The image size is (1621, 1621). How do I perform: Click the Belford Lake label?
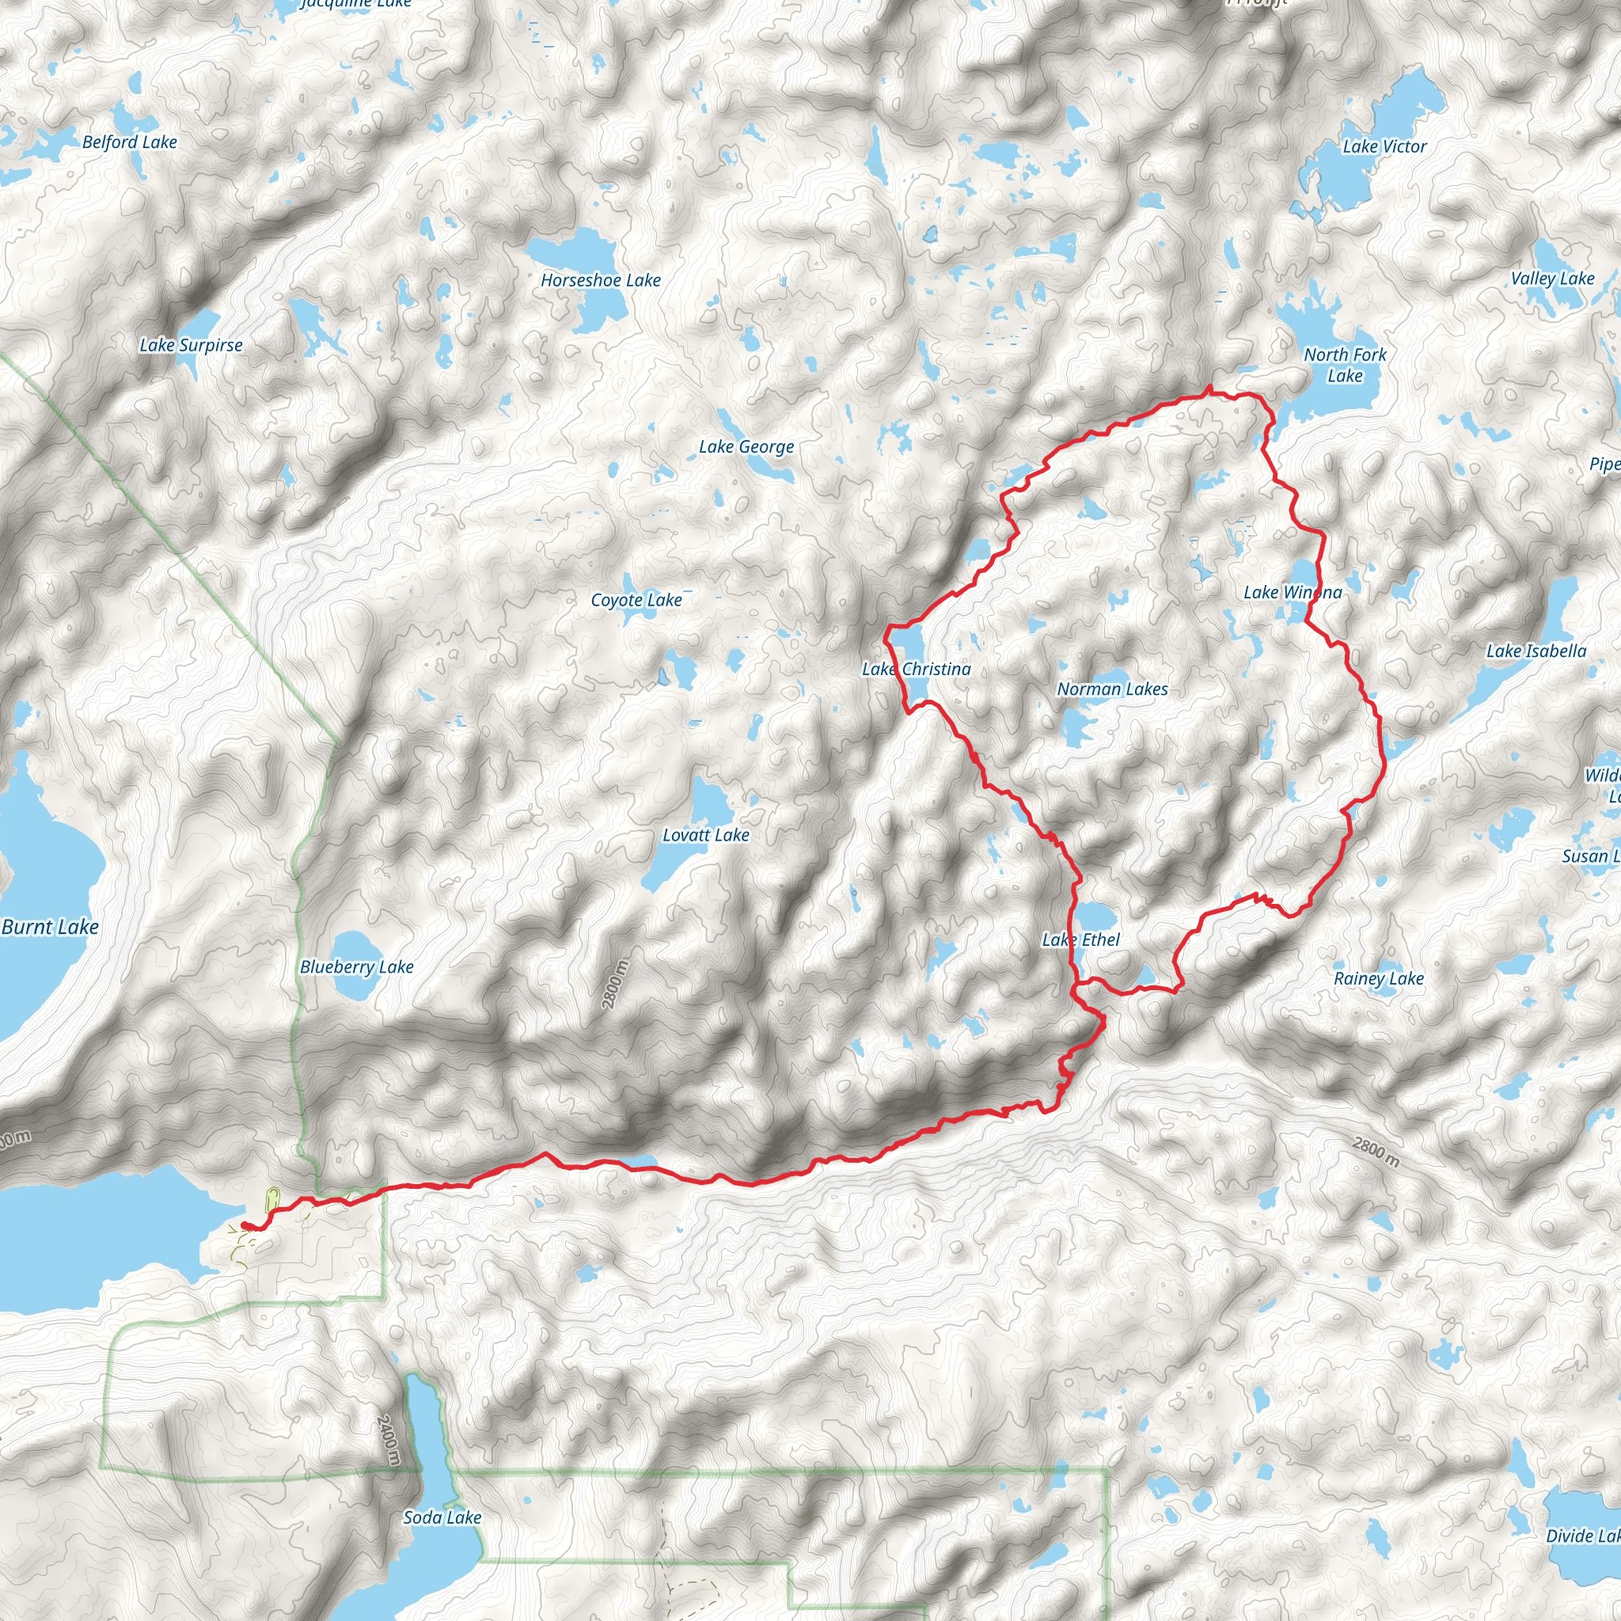130,142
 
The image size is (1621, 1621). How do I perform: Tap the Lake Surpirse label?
191,345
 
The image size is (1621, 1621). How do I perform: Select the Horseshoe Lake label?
600,280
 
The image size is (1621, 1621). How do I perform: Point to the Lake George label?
746,447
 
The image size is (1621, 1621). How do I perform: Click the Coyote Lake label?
636,600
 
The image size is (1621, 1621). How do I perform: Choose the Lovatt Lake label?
705,835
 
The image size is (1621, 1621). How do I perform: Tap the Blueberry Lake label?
357,966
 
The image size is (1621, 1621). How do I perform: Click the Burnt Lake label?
51,927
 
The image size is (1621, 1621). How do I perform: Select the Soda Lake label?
442,1517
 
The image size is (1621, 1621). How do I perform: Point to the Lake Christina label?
917,669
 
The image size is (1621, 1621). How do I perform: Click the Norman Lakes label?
1112,689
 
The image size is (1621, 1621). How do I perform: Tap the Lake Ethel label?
1080,940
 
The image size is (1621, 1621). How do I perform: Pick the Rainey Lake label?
1379,978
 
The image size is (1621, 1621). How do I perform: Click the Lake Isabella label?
1536,651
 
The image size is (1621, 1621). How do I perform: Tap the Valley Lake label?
1552,279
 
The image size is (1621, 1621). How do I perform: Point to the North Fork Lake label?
1345,365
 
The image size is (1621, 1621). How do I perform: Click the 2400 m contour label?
389,1441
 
